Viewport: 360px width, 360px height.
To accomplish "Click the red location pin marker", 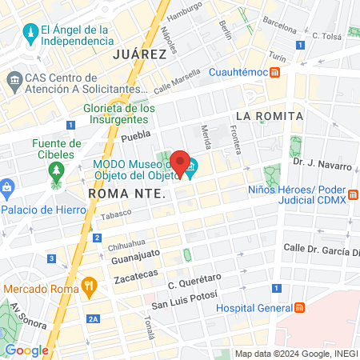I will (x=181, y=162).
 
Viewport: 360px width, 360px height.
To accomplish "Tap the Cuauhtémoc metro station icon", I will (x=274, y=73).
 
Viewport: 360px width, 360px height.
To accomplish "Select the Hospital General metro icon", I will (x=299, y=308).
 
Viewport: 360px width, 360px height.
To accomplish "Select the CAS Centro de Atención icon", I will (x=14, y=81).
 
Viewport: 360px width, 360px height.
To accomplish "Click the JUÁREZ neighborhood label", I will (x=139, y=54).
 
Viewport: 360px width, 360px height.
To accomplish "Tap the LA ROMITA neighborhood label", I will (x=269, y=116).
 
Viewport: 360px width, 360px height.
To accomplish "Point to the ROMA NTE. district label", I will (x=126, y=194).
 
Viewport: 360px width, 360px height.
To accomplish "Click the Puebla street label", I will (x=135, y=136).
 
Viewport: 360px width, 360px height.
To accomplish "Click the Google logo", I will (x=26, y=350).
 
